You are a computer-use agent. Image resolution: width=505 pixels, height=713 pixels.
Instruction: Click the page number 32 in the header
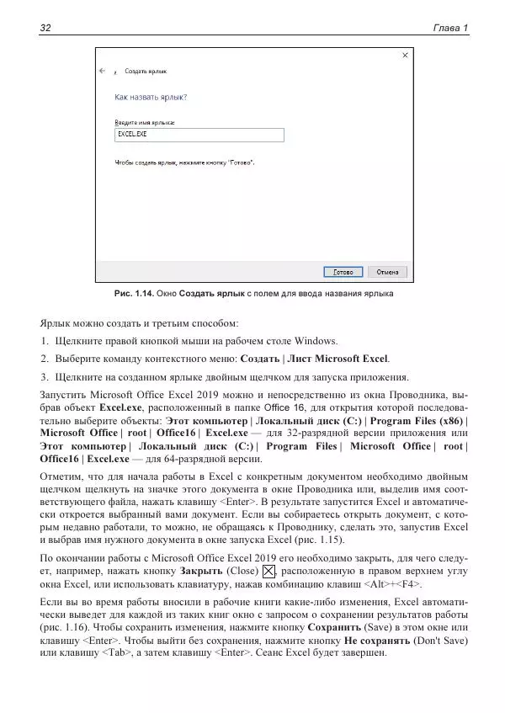tap(46, 29)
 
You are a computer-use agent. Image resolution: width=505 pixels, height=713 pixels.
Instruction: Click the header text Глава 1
tap(449, 29)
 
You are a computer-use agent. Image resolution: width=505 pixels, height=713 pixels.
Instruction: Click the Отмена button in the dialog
tap(386, 272)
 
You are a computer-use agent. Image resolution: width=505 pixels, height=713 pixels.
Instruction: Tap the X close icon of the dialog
tap(406, 56)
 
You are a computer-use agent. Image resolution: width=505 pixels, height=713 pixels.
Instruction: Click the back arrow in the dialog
tap(102, 71)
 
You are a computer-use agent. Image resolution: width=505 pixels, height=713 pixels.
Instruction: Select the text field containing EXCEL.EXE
tap(199, 135)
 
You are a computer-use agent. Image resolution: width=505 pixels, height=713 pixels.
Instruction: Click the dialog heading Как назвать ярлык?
tap(151, 97)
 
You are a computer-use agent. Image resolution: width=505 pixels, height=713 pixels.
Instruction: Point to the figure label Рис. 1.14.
tap(134, 295)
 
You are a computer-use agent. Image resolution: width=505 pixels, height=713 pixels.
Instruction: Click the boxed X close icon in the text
tap(269, 572)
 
